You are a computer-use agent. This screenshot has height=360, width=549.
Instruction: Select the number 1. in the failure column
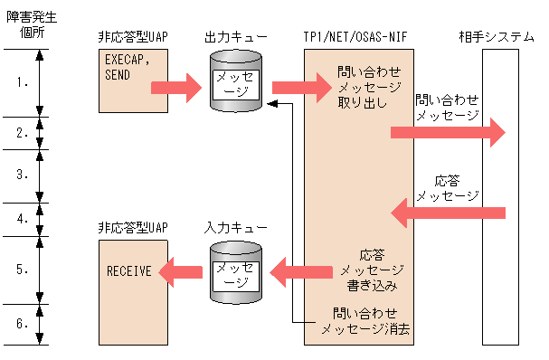tap(23, 82)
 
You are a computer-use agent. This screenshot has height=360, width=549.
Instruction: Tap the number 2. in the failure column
tap(23, 132)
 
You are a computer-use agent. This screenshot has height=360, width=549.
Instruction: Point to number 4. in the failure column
tap(23, 218)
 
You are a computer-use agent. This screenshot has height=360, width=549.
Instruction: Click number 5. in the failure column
tap(23, 270)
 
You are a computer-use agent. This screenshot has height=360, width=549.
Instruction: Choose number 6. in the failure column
tap(23, 323)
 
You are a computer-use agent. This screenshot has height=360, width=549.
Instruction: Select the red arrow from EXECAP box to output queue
tap(174, 88)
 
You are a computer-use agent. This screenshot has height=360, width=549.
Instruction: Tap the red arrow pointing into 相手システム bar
tap(447, 133)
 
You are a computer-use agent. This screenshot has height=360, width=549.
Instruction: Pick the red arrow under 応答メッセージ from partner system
tap(447, 213)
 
